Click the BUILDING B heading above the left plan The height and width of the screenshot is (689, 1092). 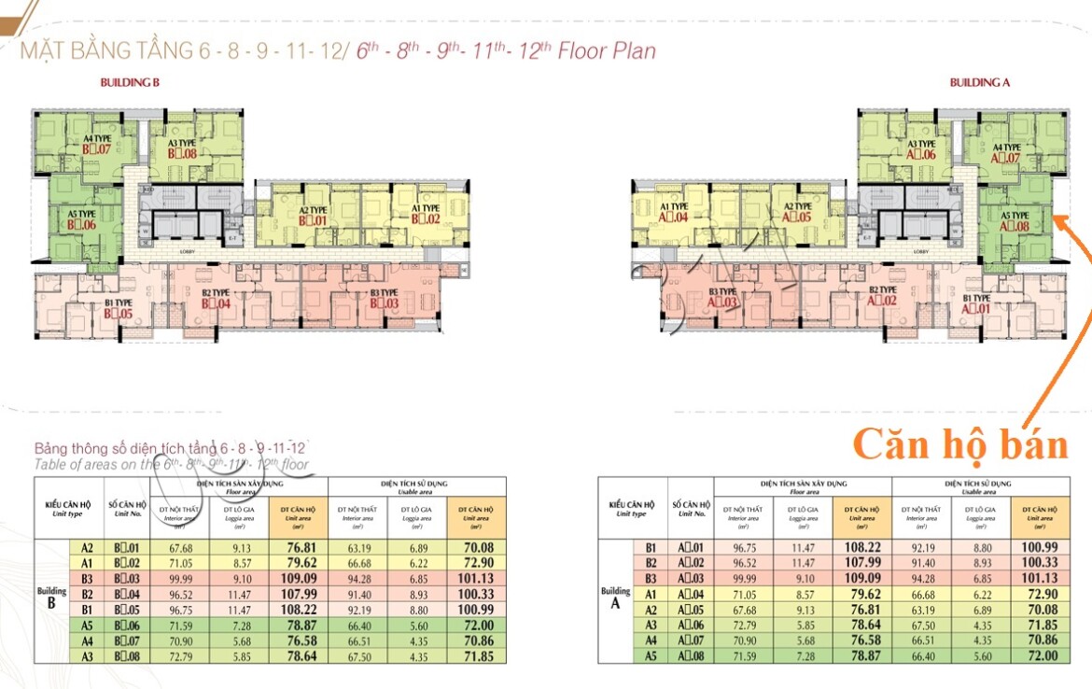[x=131, y=82]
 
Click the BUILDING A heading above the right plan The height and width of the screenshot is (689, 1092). [x=980, y=82]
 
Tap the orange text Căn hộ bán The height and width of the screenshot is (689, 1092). [x=960, y=444]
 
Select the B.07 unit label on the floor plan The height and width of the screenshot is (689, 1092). [x=96, y=148]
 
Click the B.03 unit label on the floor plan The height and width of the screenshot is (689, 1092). [x=384, y=303]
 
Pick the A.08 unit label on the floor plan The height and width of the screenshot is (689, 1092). [x=1014, y=225]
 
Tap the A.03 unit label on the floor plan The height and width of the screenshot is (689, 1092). [x=722, y=302]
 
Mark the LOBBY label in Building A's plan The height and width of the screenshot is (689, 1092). [x=920, y=252]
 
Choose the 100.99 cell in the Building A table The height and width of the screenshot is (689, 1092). [x=1039, y=548]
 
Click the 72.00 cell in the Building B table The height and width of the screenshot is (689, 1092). [x=476, y=625]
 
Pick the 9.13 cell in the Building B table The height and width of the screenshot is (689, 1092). [x=240, y=548]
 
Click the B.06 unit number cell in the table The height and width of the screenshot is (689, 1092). [x=126, y=625]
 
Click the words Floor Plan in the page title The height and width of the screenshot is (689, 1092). [x=607, y=50]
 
